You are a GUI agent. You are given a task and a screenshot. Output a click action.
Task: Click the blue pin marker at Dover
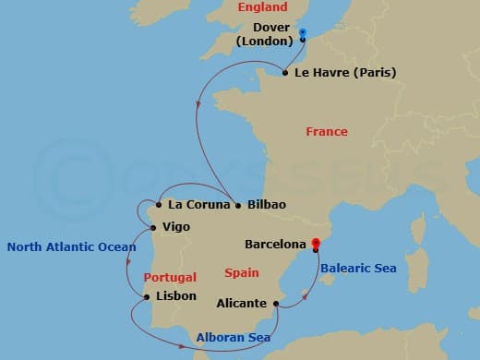(x=302, y=34)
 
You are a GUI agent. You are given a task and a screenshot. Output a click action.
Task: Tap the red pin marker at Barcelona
(x=315, y=245)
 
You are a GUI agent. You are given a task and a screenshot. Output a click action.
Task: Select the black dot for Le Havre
(x=284, y=73)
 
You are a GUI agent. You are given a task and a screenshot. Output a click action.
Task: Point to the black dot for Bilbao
(x=238, y=204)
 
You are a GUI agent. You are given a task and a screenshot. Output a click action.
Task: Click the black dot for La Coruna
(x=159, y=204)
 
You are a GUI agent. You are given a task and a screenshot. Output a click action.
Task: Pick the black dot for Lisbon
(x=148, y=296)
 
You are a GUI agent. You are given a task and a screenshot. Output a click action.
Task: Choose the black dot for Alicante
(x=276, y=303)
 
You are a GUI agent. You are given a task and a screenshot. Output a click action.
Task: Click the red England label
(x=263, y=7)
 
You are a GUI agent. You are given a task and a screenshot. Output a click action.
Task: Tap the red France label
(x=327, y=132)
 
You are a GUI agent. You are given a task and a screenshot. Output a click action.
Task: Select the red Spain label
(x=242, y=273)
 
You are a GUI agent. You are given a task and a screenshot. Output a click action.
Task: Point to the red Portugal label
(x=170, y=277)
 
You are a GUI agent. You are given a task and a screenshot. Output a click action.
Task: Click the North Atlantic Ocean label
(x=71, y=247)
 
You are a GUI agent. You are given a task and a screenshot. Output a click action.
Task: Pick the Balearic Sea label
(x=359, y=269)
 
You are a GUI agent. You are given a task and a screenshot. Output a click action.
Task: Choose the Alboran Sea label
(x=234, y=338)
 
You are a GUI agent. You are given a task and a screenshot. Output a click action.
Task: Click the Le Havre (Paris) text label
(x=345, y=73)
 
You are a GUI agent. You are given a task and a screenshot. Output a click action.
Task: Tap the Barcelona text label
(x=275, y=245)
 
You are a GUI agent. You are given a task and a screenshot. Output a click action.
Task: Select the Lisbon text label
(x=176, y=296)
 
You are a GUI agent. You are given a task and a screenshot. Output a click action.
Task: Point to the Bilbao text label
(x=267, y=204)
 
